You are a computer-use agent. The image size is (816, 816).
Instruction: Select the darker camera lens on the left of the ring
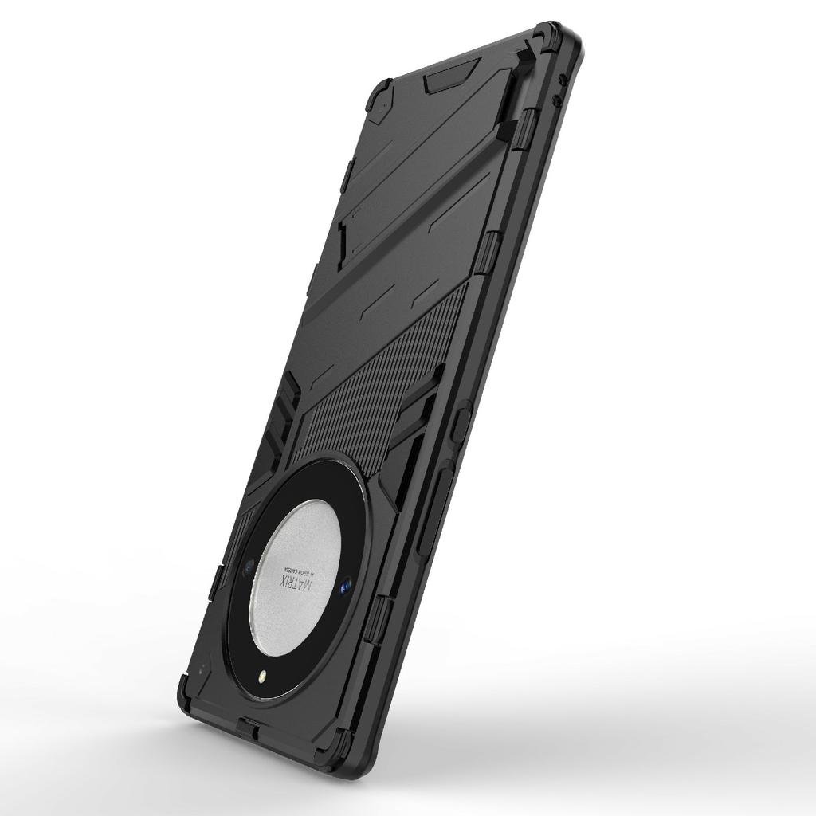tap(249, 567)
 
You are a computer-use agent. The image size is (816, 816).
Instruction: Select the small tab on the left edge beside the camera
tap(215, 583)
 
